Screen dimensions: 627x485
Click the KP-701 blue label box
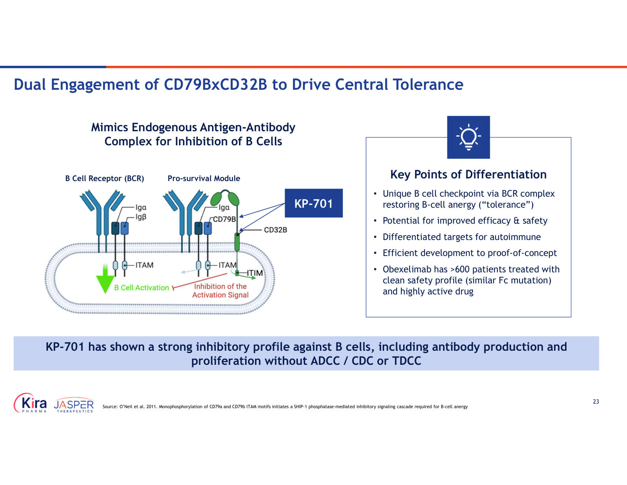tap(313, 203)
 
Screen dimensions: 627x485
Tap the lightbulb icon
tap(468, 137)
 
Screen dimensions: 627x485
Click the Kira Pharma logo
tap(30, 403)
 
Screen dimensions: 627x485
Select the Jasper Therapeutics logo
tap(74, 405)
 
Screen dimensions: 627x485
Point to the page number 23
tap(596, 402)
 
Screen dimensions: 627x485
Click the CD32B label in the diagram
tap(275, 230)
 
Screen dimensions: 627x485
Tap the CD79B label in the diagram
tap(225, 219)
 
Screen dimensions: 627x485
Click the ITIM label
tap(255, 273)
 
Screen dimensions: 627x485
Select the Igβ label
tap(141, 217)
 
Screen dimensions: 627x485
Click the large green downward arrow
tap(105, 278)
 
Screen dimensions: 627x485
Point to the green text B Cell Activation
tap(141, 288)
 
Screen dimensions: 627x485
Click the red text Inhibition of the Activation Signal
tap(220, 291)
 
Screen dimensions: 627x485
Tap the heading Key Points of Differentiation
tap(468, 175)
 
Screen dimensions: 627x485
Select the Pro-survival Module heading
tap(204, 178)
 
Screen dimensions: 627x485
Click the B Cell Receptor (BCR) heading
tap(104, 178)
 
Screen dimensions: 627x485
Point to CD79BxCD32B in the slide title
tap(215, 84)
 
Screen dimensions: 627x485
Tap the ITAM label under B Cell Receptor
tap(144, 265)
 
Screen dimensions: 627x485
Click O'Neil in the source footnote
tap(126, 407)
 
